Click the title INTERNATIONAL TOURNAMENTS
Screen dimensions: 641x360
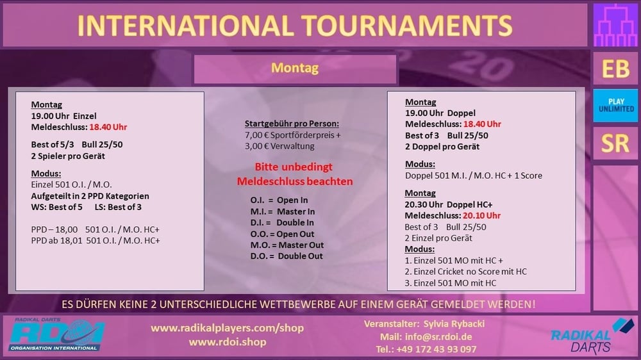click(x=294, y=26)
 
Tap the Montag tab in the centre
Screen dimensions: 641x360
click(x=295, y=69)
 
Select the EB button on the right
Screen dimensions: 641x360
click(x=615, y=69)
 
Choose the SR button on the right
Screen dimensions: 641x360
click(x=615, y=143)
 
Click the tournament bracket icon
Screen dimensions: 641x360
click(x=615, y=26)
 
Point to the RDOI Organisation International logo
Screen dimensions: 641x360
click(x=56, y=334)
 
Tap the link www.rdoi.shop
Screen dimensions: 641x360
click(x=228, y=342)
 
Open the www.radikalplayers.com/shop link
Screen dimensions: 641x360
click(x=228, y=328)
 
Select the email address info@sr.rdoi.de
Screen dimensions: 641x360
click(x=438, y=337)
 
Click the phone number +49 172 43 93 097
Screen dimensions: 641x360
click(x=436, y=349)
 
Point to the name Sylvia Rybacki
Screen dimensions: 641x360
click(x=454, y=324)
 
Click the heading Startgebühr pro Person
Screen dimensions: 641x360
click(x=292, y=124)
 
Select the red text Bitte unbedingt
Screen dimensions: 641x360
click(x=294, y=167)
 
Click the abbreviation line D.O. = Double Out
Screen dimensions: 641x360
click(x=287, y=256)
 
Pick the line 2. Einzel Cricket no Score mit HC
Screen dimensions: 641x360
click(x=465, y=272)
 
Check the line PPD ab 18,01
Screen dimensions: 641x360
click(x=96, y=241)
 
